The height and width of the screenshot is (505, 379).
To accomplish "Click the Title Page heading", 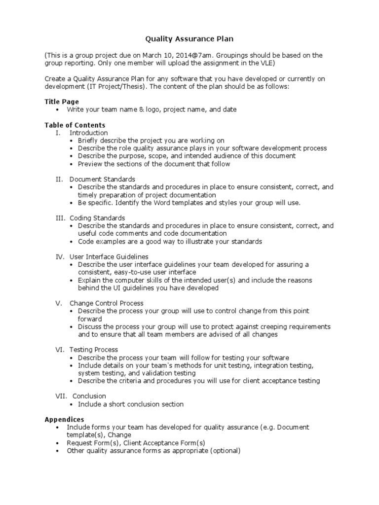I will click(x=62, y=102).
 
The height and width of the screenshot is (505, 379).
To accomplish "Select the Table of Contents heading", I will click(x=75, y=125).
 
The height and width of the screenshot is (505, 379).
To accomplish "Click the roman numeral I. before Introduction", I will click(x=58, y=133).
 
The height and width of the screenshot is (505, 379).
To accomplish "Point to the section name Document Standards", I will click(x=102, y=179).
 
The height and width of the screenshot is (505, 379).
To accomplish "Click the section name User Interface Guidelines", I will click(x=109, y=257).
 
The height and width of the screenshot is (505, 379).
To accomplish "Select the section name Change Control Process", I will click(x=107, y=303).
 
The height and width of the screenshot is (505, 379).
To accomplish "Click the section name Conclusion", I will click(x=89, y=396).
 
